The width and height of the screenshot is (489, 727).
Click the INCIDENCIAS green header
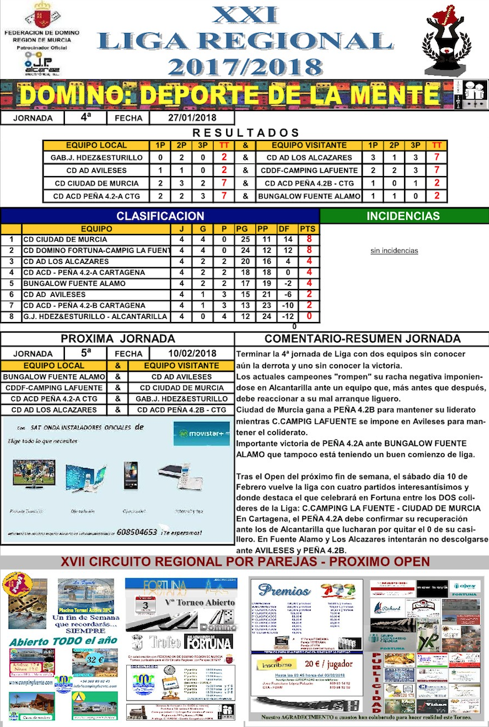pyautogui.click(x=403, y=216)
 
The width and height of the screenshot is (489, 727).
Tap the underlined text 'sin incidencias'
pyautogui.click(x=394, y=251)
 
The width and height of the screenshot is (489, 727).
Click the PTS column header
pyautogui.click(x=307, y=228)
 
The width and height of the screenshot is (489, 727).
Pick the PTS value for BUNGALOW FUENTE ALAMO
pyautogui.click(x=309, y=283)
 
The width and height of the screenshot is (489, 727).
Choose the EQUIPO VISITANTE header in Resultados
pyautogui.click(x=309, y=145)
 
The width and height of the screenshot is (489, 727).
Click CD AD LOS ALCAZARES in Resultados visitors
pyautogui.click(x=309, y=158)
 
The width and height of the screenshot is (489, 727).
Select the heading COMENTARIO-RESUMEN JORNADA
pyautogui.click(x=362, y=339)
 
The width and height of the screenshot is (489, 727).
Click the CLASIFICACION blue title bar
pyautogui.click(x=160, y=216)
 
